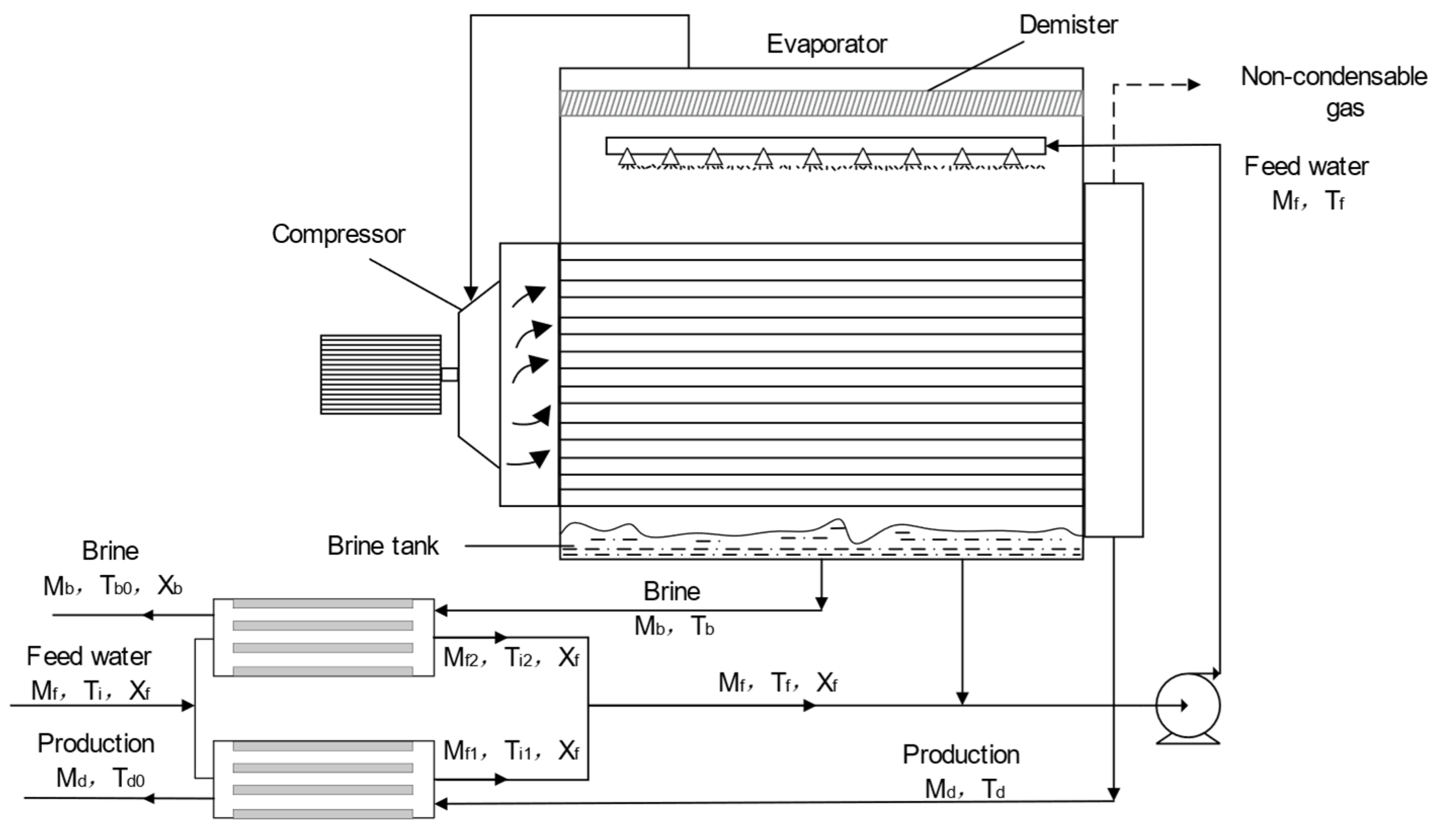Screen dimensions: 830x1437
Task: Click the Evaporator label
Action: pos(826,45)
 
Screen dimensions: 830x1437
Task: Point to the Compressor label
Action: pos(339,234)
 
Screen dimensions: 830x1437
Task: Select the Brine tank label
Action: pos(383,546)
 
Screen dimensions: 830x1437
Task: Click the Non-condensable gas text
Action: pos(1334,91)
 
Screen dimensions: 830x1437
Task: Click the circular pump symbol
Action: pos(1188,705)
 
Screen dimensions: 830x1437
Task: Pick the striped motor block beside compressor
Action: pos(381,375)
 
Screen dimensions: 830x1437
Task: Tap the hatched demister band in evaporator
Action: pos(821,103)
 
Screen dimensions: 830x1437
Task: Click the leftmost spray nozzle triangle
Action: pos(627,156)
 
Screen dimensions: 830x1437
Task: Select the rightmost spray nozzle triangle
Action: pos(1011,156)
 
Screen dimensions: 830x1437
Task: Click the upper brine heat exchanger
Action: pos(323,637)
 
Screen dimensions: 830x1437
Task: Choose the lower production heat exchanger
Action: pos(323,779)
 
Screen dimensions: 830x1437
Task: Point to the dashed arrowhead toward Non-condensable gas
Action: pos(1193,85)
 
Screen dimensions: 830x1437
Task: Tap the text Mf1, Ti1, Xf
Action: pos(511,752)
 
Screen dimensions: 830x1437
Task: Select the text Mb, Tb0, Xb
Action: pos(113,586)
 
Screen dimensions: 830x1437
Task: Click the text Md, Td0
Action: pos(100,777)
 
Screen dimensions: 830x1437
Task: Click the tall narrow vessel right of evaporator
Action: pos(1113,360)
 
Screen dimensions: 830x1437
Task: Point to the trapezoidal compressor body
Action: pos(479,375)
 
